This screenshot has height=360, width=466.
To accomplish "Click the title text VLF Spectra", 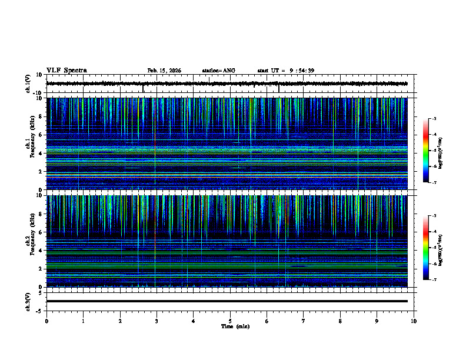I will pyautogui.click(x=66, y=71).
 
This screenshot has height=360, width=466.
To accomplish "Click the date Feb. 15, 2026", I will pyautogui.click(x=164, y=71).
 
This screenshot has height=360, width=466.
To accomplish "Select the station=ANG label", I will pyautogui.click(x=218, y=71).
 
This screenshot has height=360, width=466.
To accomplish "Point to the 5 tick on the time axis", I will pyautogui.click(x=230, y=321).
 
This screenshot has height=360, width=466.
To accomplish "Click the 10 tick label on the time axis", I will pyautogui.click(x=414, y=321).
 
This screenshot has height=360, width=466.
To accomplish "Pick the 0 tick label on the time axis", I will pyautogui.click(x=46, y=321).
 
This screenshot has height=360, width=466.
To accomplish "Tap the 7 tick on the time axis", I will pyautogui.click(x=304, y=321).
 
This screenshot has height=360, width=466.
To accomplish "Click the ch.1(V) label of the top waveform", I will pyautogui.click(x=28, y=84).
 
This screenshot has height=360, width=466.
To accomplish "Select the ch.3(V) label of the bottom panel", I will pyautogui.click(x=28, y=301).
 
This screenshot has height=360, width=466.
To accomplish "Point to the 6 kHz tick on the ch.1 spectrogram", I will pyautogui.click(x=41, y=135).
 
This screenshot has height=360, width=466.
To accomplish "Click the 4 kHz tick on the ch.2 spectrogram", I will pyautogui.click(x=41, y=251).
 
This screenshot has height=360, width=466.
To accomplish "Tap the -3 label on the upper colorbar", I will pyautogui.click(x=434, y=119).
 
